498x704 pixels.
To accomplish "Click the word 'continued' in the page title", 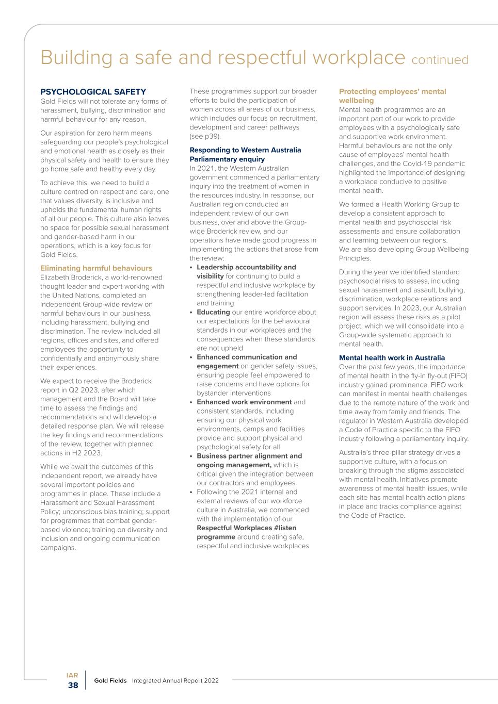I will click(440, 60).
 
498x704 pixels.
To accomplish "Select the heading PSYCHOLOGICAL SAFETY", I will click(93, 92).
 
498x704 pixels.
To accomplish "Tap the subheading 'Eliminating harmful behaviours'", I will click(96, 268).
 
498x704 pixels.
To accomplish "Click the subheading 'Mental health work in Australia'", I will click(392, 358).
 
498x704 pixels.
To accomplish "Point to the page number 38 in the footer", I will click(73, 685).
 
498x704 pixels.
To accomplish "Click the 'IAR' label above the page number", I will click(72, 675).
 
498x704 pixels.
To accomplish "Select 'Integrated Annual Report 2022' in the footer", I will click(175, 681).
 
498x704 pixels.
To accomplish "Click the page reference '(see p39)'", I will click(205, 137).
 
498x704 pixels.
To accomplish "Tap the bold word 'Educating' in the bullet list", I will click(213, 312).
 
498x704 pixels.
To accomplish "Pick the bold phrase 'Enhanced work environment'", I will click(244, 402).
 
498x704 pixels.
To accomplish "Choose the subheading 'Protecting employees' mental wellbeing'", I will click(392, 96).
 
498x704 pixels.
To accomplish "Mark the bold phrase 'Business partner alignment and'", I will click(249, 456).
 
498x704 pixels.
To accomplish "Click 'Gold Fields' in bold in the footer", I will click(110, 681).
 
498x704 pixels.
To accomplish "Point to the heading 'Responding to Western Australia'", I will click(245, 150).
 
